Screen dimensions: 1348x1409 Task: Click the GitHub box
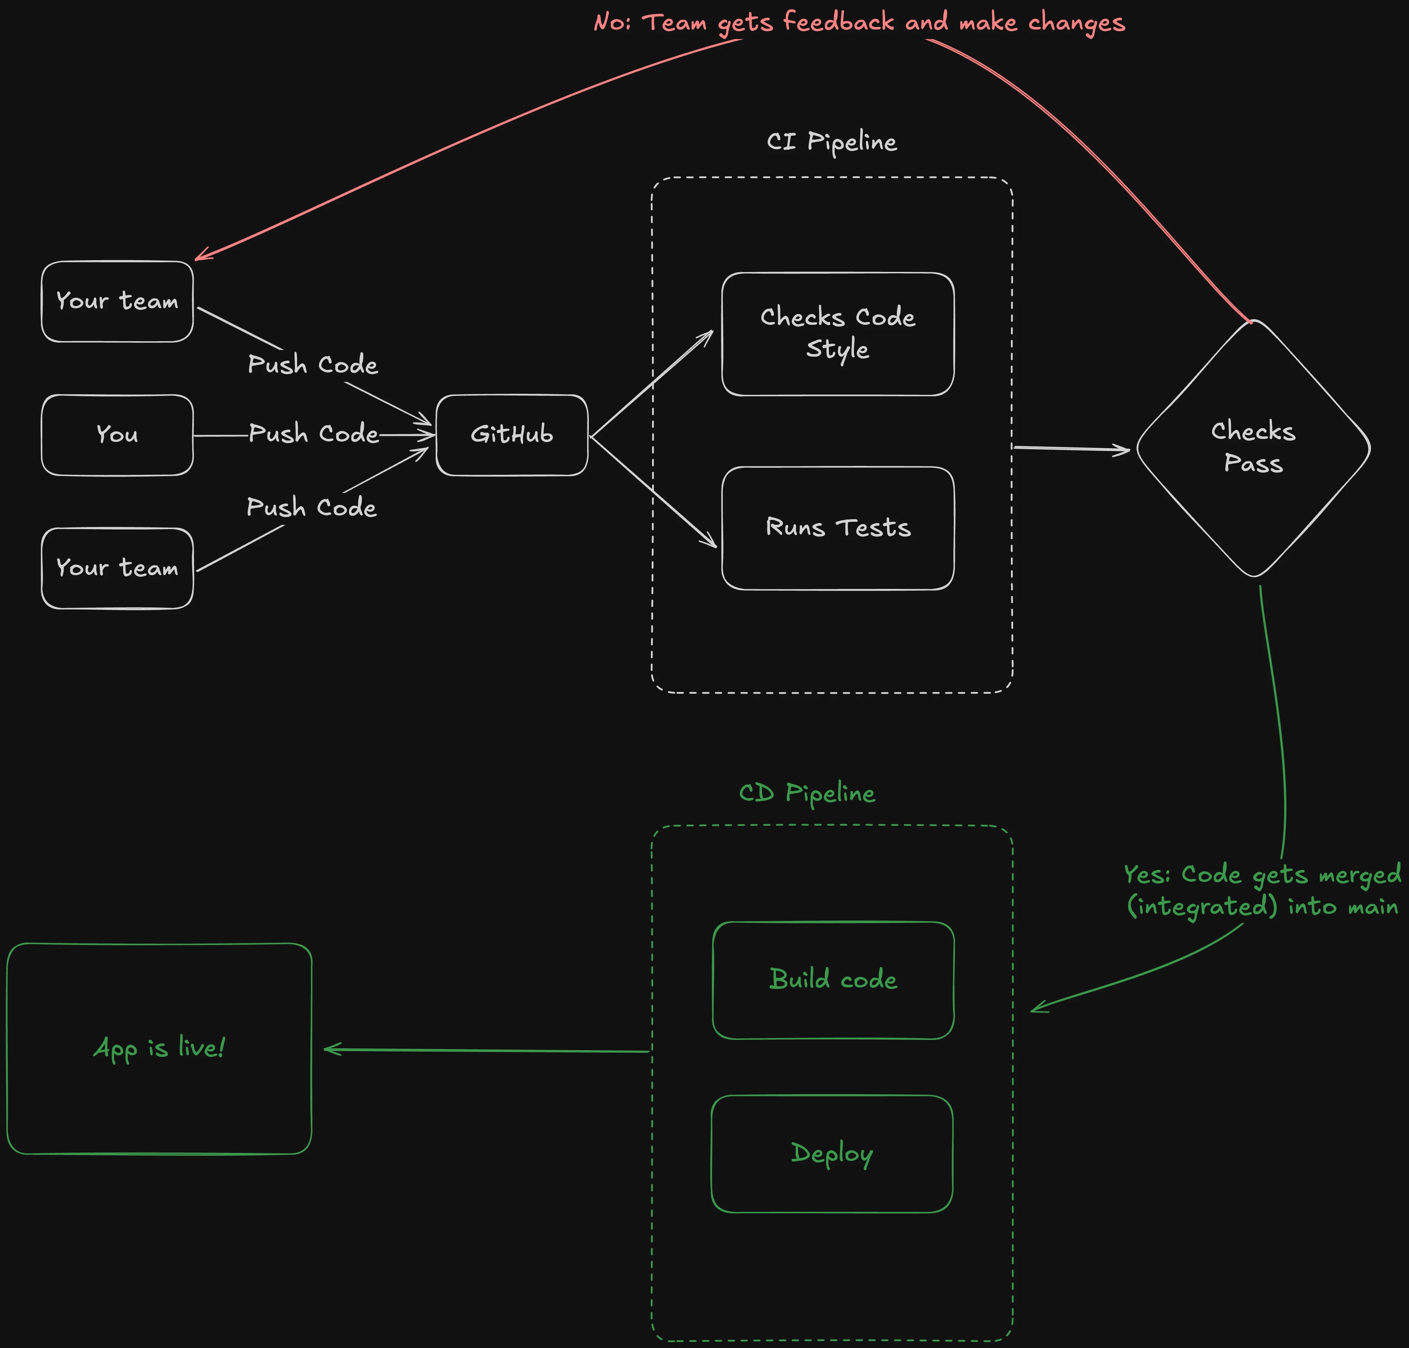coord(512,435)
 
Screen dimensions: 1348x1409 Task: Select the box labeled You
coord(117,435)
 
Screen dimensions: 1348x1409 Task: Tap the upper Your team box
coord(117,301)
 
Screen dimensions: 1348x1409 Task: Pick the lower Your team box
coord(117,568)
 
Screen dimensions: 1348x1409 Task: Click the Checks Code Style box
coord(838,333)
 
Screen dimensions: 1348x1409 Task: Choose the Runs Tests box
coord(838,528)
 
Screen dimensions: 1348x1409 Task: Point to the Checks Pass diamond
coord(1253,448)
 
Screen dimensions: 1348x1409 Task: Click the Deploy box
coord(832,1153)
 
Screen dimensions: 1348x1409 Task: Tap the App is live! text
coord(160,1048)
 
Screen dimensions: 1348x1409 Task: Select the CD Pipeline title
coord(807,793)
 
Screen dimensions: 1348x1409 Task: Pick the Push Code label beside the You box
coord(313,434)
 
